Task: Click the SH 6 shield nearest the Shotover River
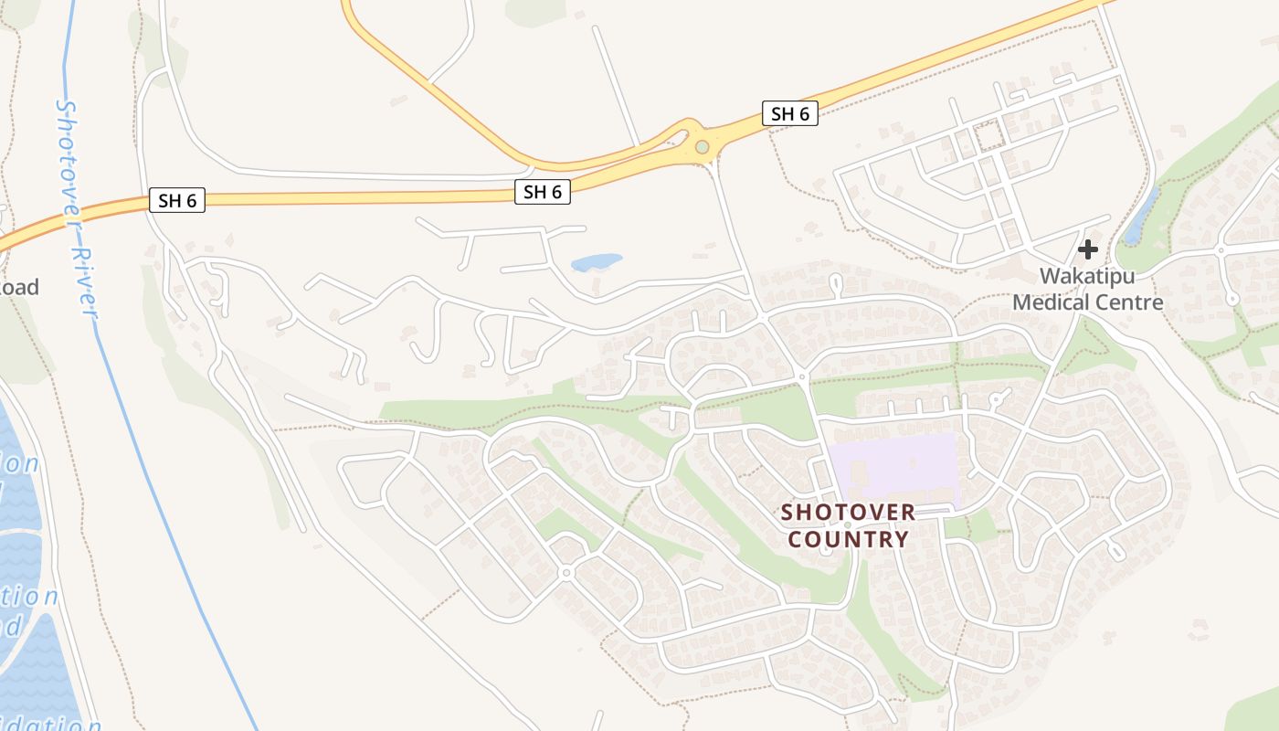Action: (177, 200)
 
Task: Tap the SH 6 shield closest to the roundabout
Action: (790, 114)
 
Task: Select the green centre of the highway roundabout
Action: (702, 147)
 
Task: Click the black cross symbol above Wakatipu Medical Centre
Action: (1087, 249)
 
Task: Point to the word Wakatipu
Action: (1087, 275)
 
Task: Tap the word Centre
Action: (1134, 302)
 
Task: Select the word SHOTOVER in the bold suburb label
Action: (848, 512)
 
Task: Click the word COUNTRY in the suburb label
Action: (848, 539)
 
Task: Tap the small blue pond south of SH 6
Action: (596, 263)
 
